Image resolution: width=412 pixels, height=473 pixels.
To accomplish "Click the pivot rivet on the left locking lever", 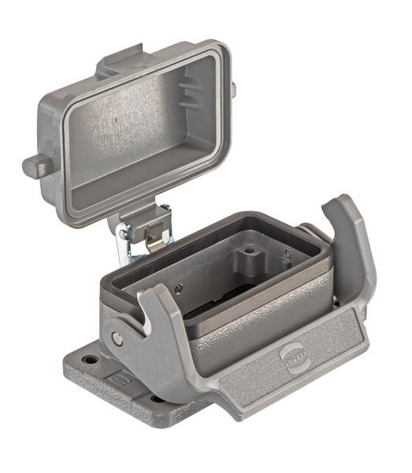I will point(117,338).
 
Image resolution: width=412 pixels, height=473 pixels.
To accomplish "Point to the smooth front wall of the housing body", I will point(236,347).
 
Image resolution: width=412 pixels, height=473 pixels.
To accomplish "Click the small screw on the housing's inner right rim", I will point(286,255).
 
